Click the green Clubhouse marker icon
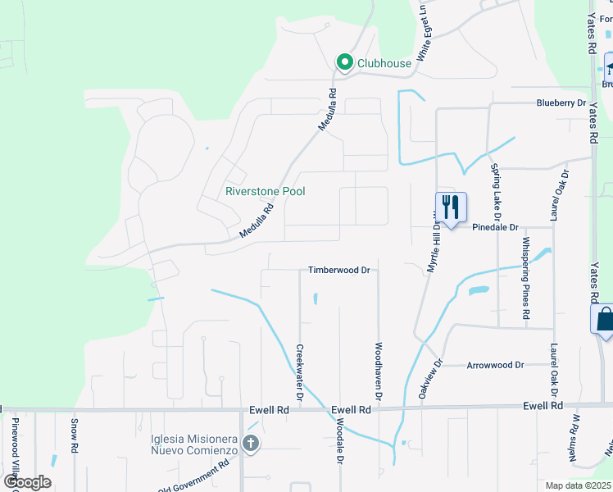click(x=345, y=62)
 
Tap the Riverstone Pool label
click(x=265, y=191)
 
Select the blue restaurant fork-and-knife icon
click(x=450, y=207)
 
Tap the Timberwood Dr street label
click(x=340, y=270)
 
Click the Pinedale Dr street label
click(x=496, y=227)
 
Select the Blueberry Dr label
click(x=561, y=103)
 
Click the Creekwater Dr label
click(x=300, y=374)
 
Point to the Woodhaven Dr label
click(x=379, y=371)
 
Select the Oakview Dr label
click(x=431, y=378)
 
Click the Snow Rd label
click(x=74, y=436)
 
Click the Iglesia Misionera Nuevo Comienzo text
click(x=194, y=444)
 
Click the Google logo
click(x=27, y=482)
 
